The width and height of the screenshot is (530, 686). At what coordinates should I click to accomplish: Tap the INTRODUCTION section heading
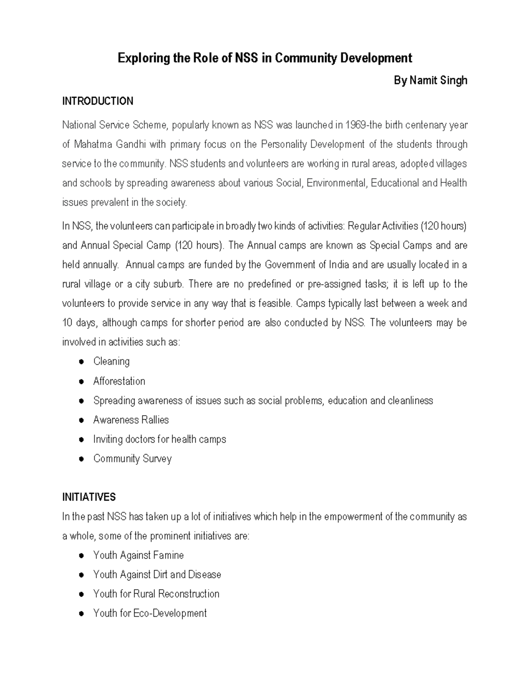98,101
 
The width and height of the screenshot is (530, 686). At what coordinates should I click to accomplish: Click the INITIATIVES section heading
89,497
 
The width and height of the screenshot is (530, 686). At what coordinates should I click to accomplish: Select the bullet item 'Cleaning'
111,361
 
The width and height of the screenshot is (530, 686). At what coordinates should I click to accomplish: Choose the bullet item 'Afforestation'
119,381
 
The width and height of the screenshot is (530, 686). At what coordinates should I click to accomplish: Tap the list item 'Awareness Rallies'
131,420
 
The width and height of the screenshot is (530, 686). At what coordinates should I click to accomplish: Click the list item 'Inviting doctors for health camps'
159,439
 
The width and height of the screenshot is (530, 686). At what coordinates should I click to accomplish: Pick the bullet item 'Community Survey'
132,459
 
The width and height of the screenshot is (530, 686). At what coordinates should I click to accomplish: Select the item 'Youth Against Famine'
138,555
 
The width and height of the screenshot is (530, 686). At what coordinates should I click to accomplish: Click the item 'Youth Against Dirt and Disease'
157,574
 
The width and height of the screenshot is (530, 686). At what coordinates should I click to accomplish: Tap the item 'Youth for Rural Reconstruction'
156,594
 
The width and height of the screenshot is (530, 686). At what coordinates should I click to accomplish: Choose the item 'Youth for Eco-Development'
150,613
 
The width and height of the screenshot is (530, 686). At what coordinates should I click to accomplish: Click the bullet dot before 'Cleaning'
81,362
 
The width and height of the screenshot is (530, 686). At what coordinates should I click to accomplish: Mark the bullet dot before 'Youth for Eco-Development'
81,614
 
